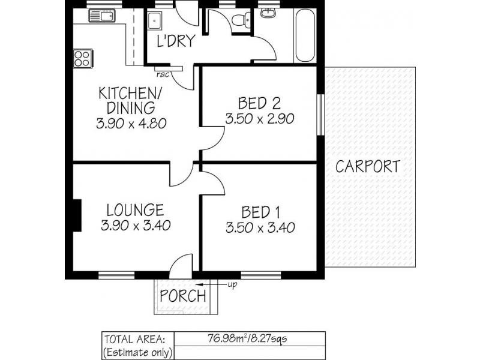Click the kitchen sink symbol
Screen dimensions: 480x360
[x=101, y=16]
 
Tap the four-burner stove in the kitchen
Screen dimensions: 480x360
[x=83, y=58]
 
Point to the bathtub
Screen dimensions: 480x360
[x=305, y=35]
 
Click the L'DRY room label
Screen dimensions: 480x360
[x=176, y=41]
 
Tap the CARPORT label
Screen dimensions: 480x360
[x=368, y=167]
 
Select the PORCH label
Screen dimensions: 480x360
[x=183, y=296]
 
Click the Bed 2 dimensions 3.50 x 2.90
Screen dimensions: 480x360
[x=260, y=119]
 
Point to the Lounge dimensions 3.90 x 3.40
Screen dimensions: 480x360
[x=136, y=226]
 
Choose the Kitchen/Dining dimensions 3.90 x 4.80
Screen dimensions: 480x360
[x=131, y=124]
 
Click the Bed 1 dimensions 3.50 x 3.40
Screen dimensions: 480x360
[x=260, y=228]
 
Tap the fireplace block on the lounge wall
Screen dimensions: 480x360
[x=77, y=215]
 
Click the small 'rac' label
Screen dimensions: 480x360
[x=163, y=74]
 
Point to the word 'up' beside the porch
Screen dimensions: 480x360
[x=232, y=285]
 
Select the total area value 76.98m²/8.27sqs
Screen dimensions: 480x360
[x=247, y=338]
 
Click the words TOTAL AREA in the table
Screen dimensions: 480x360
[x=135, y=340]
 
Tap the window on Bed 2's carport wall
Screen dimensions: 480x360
[x=320, y=115]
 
